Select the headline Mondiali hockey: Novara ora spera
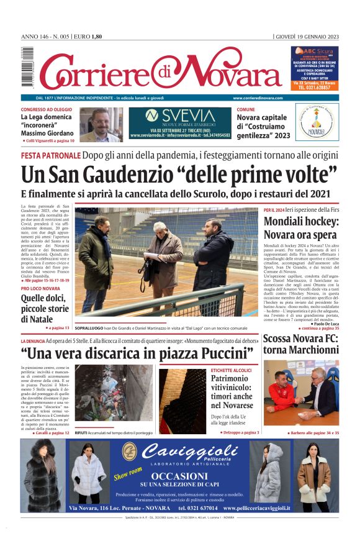(300, 228)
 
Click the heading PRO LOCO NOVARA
(40, 289)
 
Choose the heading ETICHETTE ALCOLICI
(232, 370)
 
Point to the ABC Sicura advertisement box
(315, 68)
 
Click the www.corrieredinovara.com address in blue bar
(258, 98)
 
